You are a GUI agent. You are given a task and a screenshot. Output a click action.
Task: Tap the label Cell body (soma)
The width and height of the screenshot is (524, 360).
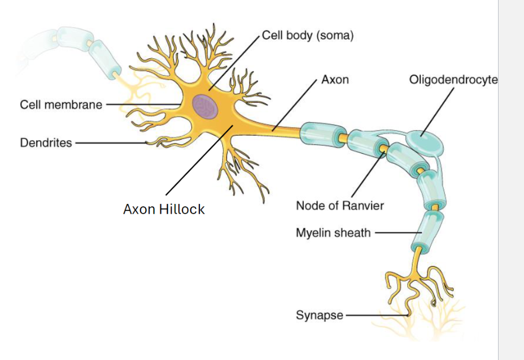click(308, 36)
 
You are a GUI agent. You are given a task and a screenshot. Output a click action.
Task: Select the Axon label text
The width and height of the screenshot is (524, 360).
click(335, 80)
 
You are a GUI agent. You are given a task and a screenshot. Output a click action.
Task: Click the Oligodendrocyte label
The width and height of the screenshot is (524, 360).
click(453, 80)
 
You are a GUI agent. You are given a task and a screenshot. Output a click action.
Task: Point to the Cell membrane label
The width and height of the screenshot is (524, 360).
click(61, 105)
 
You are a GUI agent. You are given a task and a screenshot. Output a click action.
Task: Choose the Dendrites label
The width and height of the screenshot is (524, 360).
click(46, 143)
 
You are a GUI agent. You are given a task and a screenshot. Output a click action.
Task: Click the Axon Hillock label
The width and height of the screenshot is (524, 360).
click(164, 209)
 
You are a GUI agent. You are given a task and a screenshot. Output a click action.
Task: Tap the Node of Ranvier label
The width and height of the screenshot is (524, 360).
click(339, 205)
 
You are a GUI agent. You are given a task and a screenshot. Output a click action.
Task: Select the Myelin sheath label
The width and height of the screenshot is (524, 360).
click(333, 232)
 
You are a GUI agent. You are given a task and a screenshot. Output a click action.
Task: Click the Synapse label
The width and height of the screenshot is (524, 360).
click(319, 315)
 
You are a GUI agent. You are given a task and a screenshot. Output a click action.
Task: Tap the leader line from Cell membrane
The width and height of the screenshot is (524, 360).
click(141, 105)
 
